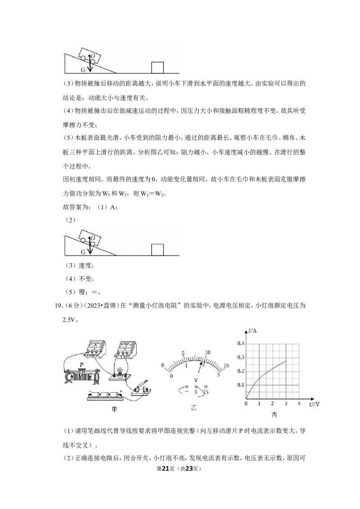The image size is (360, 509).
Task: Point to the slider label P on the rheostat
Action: [x=81, y=365]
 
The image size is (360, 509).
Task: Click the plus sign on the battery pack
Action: [x=121, y=392]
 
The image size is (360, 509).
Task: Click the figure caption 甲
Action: [x=114, y=409]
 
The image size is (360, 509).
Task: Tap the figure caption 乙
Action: [x=193, y=407]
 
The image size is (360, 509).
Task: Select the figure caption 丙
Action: [x=274, y=415]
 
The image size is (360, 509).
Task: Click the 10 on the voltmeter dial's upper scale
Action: [x=207, y=352]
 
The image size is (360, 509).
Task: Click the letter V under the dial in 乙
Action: [x=196, y=380]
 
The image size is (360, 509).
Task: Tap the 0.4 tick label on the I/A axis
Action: [x=240, y=344]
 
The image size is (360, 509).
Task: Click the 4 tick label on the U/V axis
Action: [x=299, y=403]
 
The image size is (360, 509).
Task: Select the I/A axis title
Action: [x=252, y=331]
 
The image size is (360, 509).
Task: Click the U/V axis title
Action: [x=314, y=405]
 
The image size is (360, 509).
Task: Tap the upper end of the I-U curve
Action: [x=286, y=361]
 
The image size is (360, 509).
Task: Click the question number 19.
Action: [x=58, y=305]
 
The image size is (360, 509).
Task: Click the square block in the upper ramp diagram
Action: [x=157, y=67]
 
